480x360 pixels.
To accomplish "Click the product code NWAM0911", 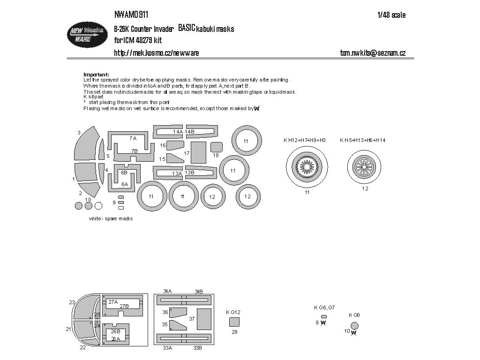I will (132, 15).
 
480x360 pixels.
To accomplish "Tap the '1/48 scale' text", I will (391, 15).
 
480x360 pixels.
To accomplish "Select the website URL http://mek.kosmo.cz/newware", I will (157, 53).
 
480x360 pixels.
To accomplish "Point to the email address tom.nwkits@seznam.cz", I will (373, 53).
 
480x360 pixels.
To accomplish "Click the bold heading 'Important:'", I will (96, 75).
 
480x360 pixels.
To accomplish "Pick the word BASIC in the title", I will (187, 29).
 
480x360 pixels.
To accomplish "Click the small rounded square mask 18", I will (216, 147).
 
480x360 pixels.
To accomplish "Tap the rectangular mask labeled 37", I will (204, 319).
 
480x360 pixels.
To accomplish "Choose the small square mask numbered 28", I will (234, 322).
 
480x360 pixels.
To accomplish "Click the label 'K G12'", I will (233, 312).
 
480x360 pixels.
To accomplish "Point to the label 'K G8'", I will (354, 315).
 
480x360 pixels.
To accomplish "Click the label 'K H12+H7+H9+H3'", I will (304, 140).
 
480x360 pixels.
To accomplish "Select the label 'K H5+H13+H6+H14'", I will (363, 140).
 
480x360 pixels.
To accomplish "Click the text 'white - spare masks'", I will (111, 219).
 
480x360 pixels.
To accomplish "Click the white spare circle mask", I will (98, 205).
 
